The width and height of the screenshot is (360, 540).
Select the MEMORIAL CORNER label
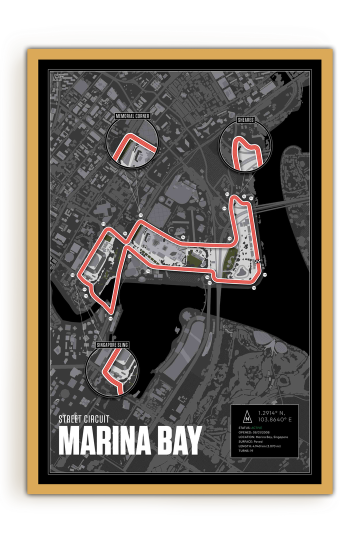pos(132,115)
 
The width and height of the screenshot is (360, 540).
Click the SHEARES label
pos(245,120)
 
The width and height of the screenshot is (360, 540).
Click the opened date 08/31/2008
pos(274,432)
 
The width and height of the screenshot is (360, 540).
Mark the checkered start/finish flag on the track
pos(258,261)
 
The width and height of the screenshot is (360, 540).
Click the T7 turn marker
pos(141,215)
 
